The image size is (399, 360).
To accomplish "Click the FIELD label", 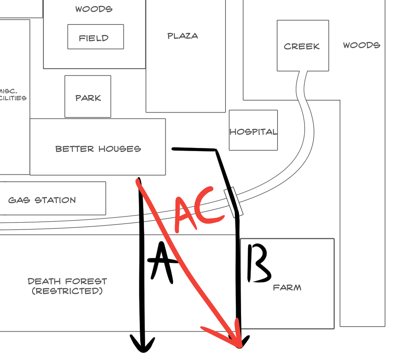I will [x=94, y=38].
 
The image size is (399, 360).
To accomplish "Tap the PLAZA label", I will [x=182, y=36].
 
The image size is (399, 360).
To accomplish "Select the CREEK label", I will [x=302, y=47].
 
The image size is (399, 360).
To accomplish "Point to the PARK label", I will [x=88, y=98].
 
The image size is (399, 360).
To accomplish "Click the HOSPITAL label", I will [x=253, y=132].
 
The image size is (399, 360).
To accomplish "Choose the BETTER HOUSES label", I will [x=98, y=149].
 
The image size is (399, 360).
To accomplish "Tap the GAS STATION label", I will [x=42, y=200].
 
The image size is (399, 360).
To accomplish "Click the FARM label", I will [x=287, y=288].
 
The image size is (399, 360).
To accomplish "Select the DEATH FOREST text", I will [x=67, y=281].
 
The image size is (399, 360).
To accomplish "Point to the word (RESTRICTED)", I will [x=67, y=291].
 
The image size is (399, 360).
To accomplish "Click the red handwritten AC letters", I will [x=198, y=210].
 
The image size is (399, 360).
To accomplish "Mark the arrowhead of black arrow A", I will [x=143, y=346].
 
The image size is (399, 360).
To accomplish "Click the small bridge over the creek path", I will [x=234, y=202].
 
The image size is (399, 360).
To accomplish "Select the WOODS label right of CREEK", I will [x=361, y=45].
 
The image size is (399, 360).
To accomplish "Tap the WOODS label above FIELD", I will [x=94, y=9].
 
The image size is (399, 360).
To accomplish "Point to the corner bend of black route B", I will [x=215, y=150].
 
